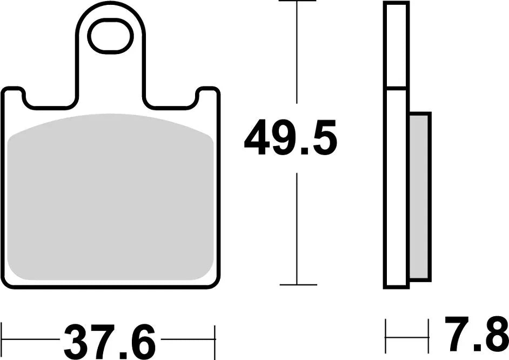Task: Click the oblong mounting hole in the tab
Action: (110, 36)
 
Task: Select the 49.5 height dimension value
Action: (290, 138)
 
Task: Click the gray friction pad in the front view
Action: (111, 197)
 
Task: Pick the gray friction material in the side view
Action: (419, 197)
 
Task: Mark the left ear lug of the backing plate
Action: (14, 96)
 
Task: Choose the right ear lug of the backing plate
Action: (207, 96)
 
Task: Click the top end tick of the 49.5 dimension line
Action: (297, 2)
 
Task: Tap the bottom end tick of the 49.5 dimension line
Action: (297, 284)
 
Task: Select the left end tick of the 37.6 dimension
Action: (2, 340)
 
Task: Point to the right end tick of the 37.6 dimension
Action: (215, 340)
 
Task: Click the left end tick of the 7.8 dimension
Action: (386, 336)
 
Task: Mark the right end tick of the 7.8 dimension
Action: (428, 336)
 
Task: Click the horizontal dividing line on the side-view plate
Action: (396, 87)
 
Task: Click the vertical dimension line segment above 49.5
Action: (297, 54)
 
